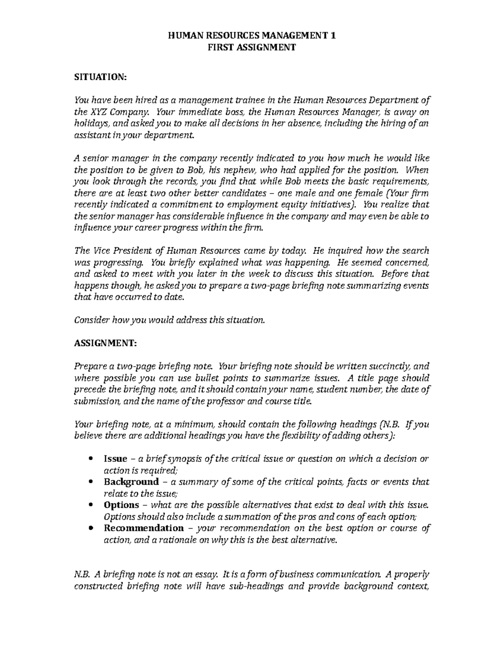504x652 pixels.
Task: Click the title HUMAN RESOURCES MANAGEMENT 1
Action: (252, 36)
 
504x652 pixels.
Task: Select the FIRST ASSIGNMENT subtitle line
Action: (252, 47)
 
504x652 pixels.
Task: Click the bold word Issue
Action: (115, 459)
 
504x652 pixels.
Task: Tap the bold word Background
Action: (131, 482)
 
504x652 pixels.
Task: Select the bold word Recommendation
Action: (144, 528)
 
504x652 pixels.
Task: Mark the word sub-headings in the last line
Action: (251, 587)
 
